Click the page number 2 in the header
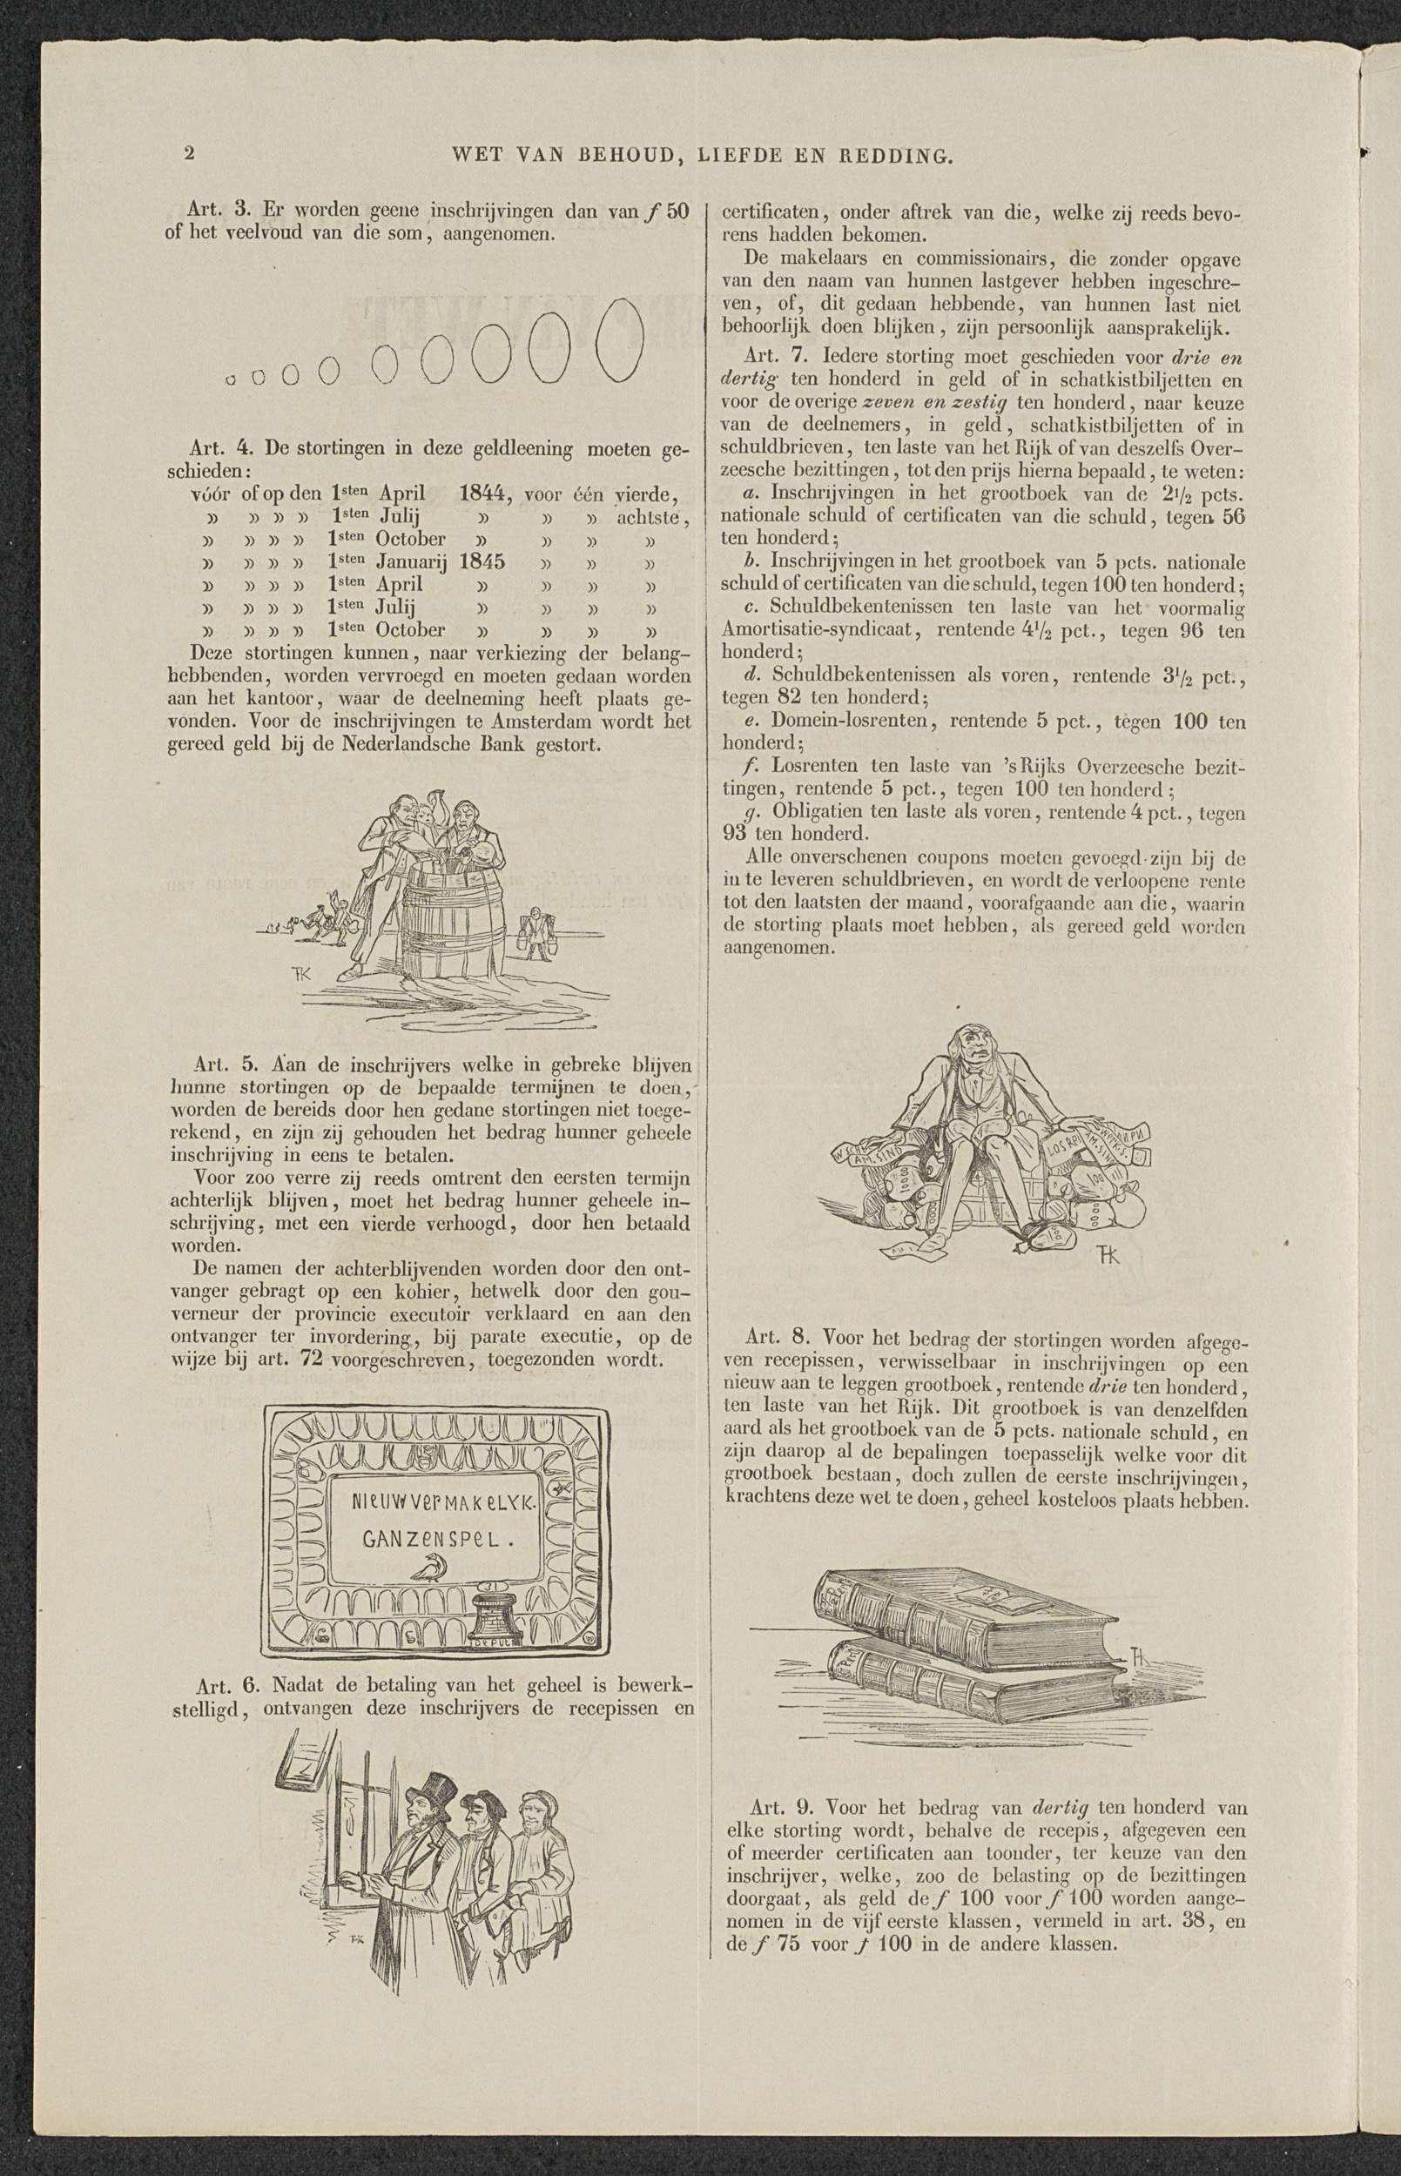pyautogui.click(x=189, y=153)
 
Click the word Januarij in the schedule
pyautogui.click(x=414, y=562)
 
